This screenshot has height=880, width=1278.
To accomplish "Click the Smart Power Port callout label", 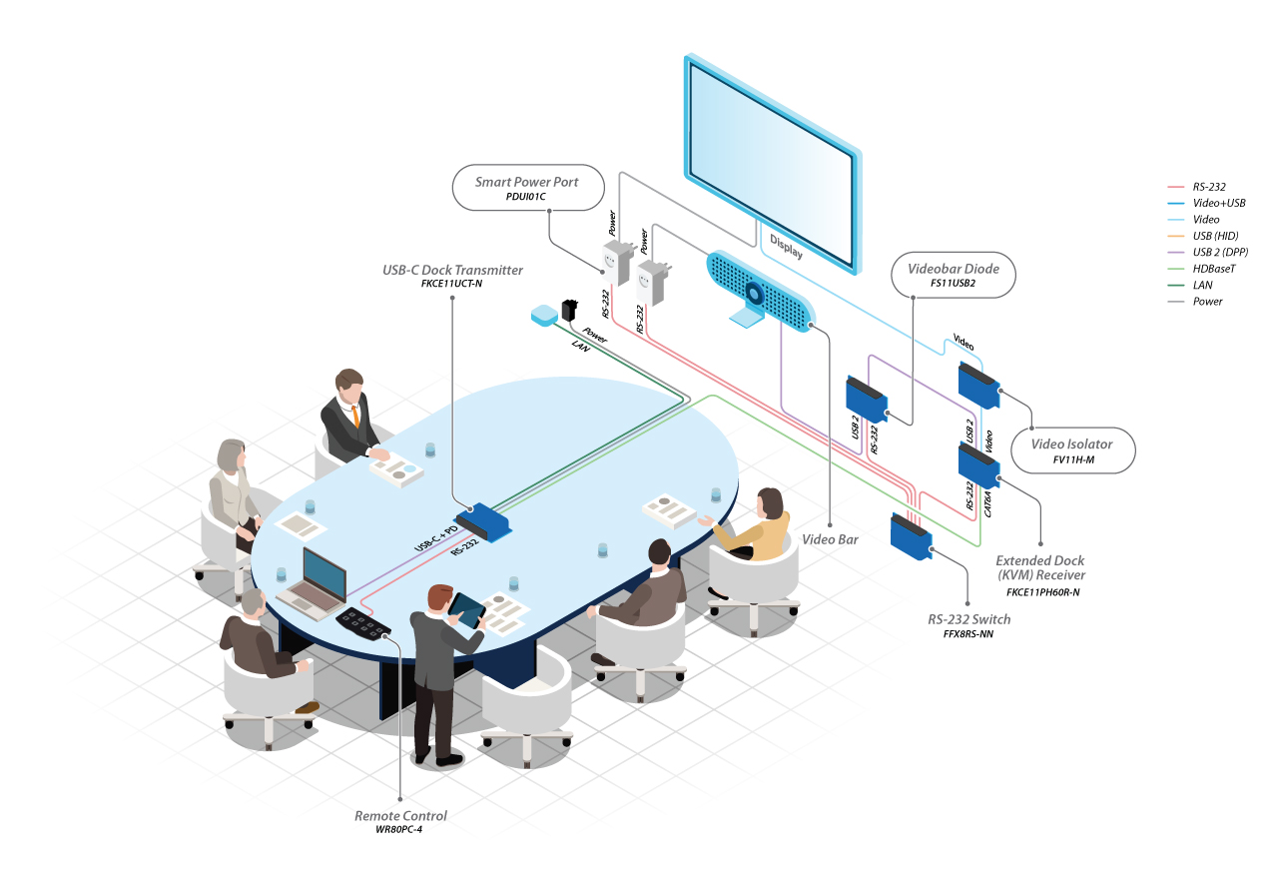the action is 528,188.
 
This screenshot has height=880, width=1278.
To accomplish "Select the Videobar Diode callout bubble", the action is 954,275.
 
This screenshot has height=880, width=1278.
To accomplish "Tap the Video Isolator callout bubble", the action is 1072,450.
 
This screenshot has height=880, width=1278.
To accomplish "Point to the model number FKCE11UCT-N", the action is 452,284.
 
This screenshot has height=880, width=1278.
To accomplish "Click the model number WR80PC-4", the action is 398,829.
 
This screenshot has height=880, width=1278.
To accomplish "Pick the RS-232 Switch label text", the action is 968,619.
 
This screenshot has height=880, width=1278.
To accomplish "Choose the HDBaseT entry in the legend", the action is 1213,269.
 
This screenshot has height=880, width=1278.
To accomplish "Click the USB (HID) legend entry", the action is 1215,236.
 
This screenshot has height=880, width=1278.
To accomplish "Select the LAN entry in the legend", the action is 1202,285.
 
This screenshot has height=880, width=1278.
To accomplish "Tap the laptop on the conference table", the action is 314,585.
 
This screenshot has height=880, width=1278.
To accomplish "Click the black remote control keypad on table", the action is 363,623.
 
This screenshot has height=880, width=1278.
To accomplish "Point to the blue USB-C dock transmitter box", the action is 482,521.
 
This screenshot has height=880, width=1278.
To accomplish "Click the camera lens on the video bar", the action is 754,294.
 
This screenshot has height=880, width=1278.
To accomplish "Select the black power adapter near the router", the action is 569,311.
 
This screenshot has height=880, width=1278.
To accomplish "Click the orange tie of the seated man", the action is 355,416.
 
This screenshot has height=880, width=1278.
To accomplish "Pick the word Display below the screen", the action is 786,246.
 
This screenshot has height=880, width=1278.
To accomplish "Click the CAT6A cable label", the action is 988,504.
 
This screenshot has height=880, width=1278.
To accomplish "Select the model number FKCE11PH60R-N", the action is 1043,592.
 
